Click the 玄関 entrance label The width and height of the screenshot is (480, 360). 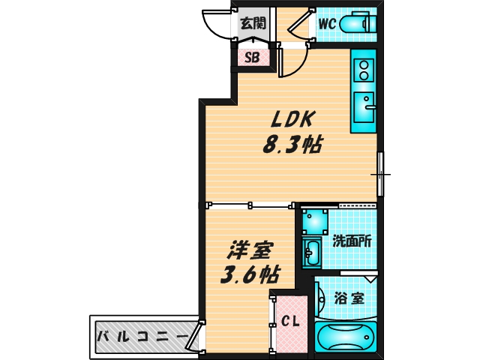pyautogui.click(x=253, y=22)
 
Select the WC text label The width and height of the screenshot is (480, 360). pyautogui.click(x=326, y=23)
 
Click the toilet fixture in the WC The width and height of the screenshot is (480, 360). pyautogui.click(x=358, y=24)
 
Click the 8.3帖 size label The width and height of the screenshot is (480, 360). pyautogui.click(x=291, y=145)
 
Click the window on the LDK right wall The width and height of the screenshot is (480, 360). pyautogui.click(x=380, y=174)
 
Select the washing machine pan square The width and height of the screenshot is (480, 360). pyautogui.click(x=315, y=220)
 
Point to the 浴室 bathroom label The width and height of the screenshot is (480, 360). pyautogui.click(x=349, y=297)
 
